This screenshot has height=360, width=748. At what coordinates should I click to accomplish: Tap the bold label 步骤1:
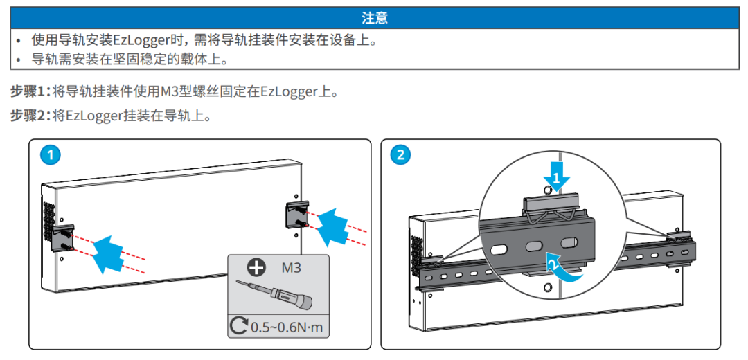pos(31,91)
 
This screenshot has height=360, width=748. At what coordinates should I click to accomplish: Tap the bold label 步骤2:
pos(31,116)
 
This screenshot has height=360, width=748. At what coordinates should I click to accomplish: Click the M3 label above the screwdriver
pos(292,267)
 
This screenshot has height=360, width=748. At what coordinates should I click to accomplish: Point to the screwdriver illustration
pos(273,294)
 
